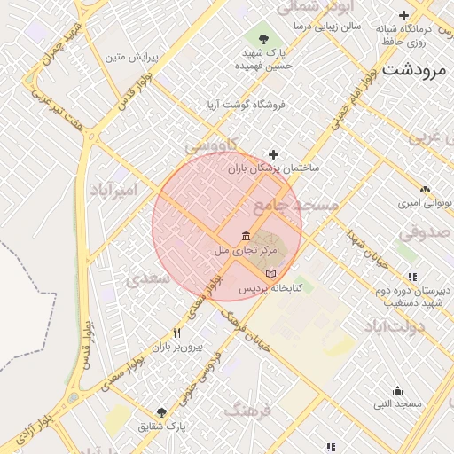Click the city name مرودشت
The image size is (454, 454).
tap(416, 74)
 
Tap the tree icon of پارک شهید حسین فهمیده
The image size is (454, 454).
tap(263, 38)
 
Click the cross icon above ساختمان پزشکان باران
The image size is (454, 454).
tap(273, 155)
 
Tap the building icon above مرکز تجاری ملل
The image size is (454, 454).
tap(246, 236)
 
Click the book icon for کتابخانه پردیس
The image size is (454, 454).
tap(271, 274)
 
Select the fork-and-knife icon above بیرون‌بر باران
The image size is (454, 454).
tap(177, 333)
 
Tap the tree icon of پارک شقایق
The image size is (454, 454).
tap(161, 412)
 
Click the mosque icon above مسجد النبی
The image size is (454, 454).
tap(396, 390)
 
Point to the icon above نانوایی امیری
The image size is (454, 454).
tap(425, 189)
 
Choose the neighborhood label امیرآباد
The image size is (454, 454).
tap(114, 191)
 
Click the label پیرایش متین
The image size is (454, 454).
tap(130, 58)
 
